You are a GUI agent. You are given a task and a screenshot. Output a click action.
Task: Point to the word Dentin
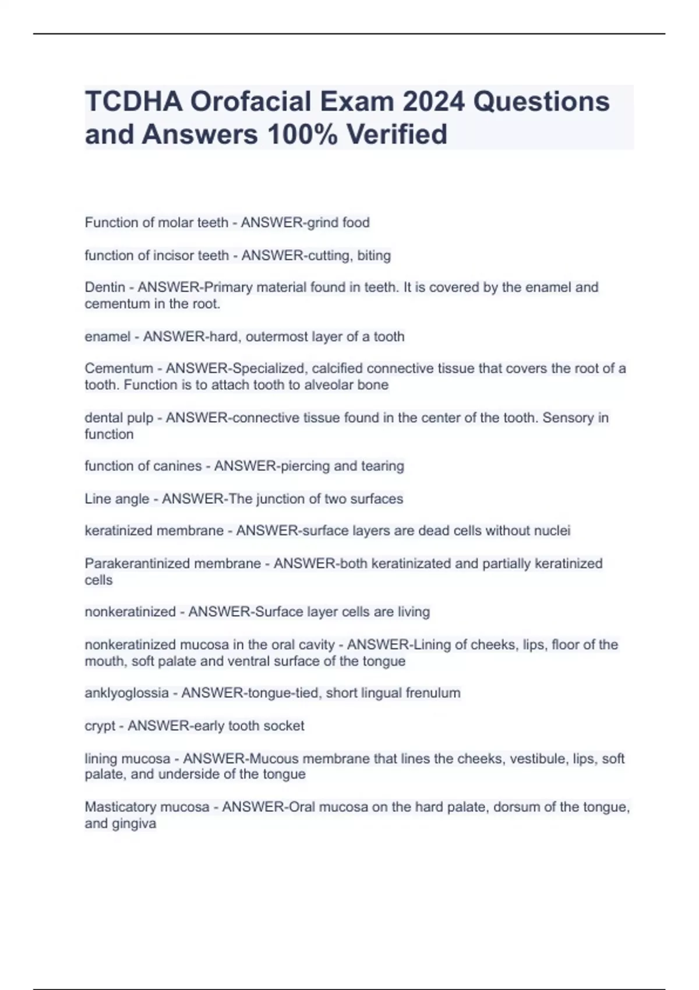105,287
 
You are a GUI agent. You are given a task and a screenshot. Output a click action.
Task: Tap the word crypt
100,726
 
